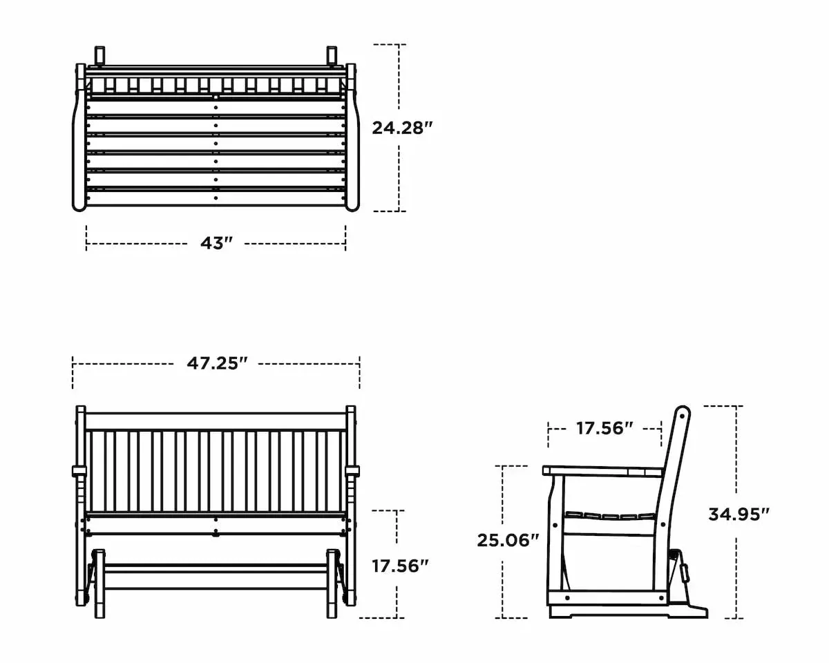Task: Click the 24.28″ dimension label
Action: [x=402, y=128]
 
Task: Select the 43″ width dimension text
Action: [x=216, y=244]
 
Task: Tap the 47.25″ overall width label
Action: [x=217, y=364]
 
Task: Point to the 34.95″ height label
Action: [x=739, y=514]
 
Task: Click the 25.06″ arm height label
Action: [x=508, y=540]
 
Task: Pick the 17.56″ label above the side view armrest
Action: [x=604, y=429]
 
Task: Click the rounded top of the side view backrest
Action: [x=683, y=414]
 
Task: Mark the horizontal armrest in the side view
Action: [x=601, y=472]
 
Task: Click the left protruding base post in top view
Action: [x=99, y=55]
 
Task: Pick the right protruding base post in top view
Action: [x=332, y=55]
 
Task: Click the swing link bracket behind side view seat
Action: [x=685, y=572]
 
